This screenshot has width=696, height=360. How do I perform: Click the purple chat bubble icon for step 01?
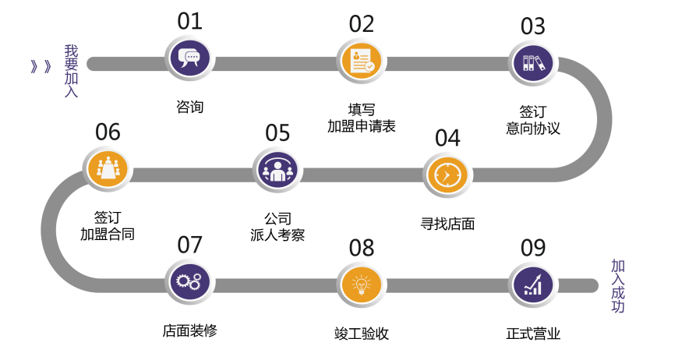[189, 59]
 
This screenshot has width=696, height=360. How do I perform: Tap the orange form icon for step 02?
[361, 62]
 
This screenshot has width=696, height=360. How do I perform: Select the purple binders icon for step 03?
[532, 62]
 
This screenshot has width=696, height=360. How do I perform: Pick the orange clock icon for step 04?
[447, 175]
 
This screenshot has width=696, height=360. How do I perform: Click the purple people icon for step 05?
[276, 171]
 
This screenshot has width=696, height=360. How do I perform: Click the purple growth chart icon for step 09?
[532, 285]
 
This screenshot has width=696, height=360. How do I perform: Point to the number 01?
[189, 21]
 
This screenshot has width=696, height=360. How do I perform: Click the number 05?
[277, 133]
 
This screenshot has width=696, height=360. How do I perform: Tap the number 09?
[533, 249]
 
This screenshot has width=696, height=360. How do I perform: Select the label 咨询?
[189, 107]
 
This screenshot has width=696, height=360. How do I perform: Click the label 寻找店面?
[447, 224]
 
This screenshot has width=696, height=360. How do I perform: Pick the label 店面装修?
[189, 330]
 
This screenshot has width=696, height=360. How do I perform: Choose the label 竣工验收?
[361, 334]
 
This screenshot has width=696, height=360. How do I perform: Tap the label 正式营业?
[533, 334]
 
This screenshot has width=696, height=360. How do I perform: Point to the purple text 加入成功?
[617, 286]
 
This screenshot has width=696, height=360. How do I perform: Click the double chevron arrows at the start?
[41, 66]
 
